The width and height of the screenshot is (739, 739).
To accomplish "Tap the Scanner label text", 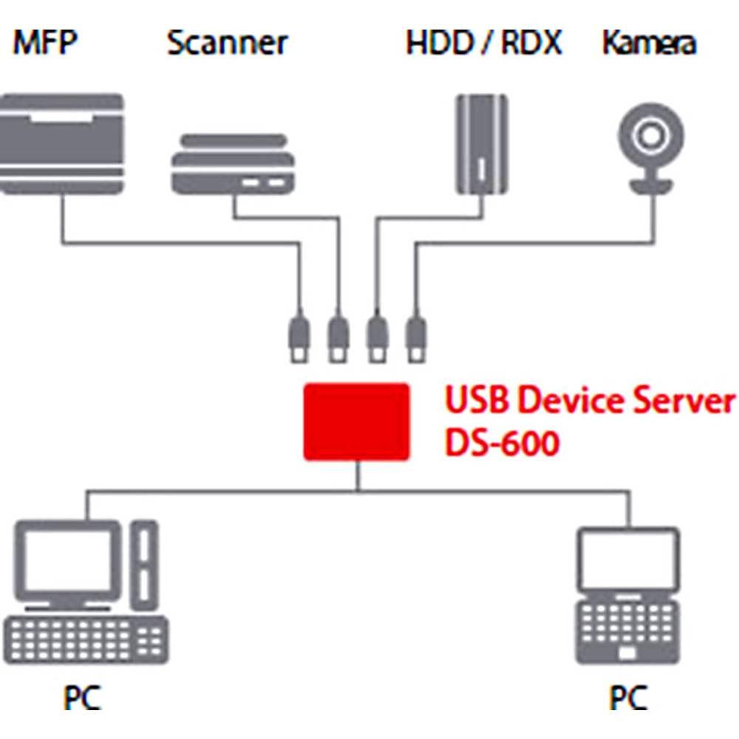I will pyautogui.click(x=227, y=44).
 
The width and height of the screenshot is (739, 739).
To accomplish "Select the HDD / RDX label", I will pyautogui.click(x=484, y=44).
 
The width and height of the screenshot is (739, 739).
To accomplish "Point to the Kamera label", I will pyautogui.click(x=649, y=44).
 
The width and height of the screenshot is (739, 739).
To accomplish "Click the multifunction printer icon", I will pyautogui.click(x=61, y=144).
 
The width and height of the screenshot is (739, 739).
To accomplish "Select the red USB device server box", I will pyautogui.click(x=357, y=422).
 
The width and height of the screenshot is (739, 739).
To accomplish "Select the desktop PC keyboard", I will pyautogui.click(x=86, y=638).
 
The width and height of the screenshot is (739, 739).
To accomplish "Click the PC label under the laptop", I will pyautogui.click(x=628, y=698).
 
